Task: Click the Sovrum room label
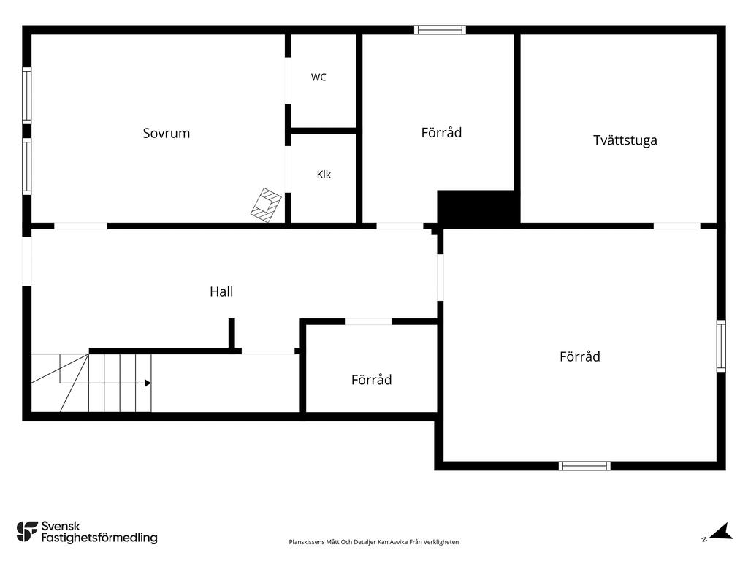tap(167, 133)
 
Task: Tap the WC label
tap(318, 77)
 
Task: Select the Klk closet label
tap(324, 175)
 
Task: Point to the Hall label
tap(221, 291)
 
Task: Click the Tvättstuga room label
tap(625, 140)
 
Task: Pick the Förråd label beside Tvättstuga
tap(441, 132)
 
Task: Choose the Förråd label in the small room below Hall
tap(372, 380)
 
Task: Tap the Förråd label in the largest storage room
tap(579, 356)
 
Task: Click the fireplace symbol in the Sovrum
tap(266, 205)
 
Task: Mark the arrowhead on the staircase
tap(148, 383)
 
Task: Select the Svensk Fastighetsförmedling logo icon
tap(27, 532)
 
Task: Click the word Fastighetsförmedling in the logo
tap(99, 538)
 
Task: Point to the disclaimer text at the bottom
tap(374, 542)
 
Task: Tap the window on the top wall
tap(440, 29)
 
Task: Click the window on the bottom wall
tap(584, 466)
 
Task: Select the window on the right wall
tap(721, 346)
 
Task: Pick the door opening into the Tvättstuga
tap(677, 226)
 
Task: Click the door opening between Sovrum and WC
tap(288, 80)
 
